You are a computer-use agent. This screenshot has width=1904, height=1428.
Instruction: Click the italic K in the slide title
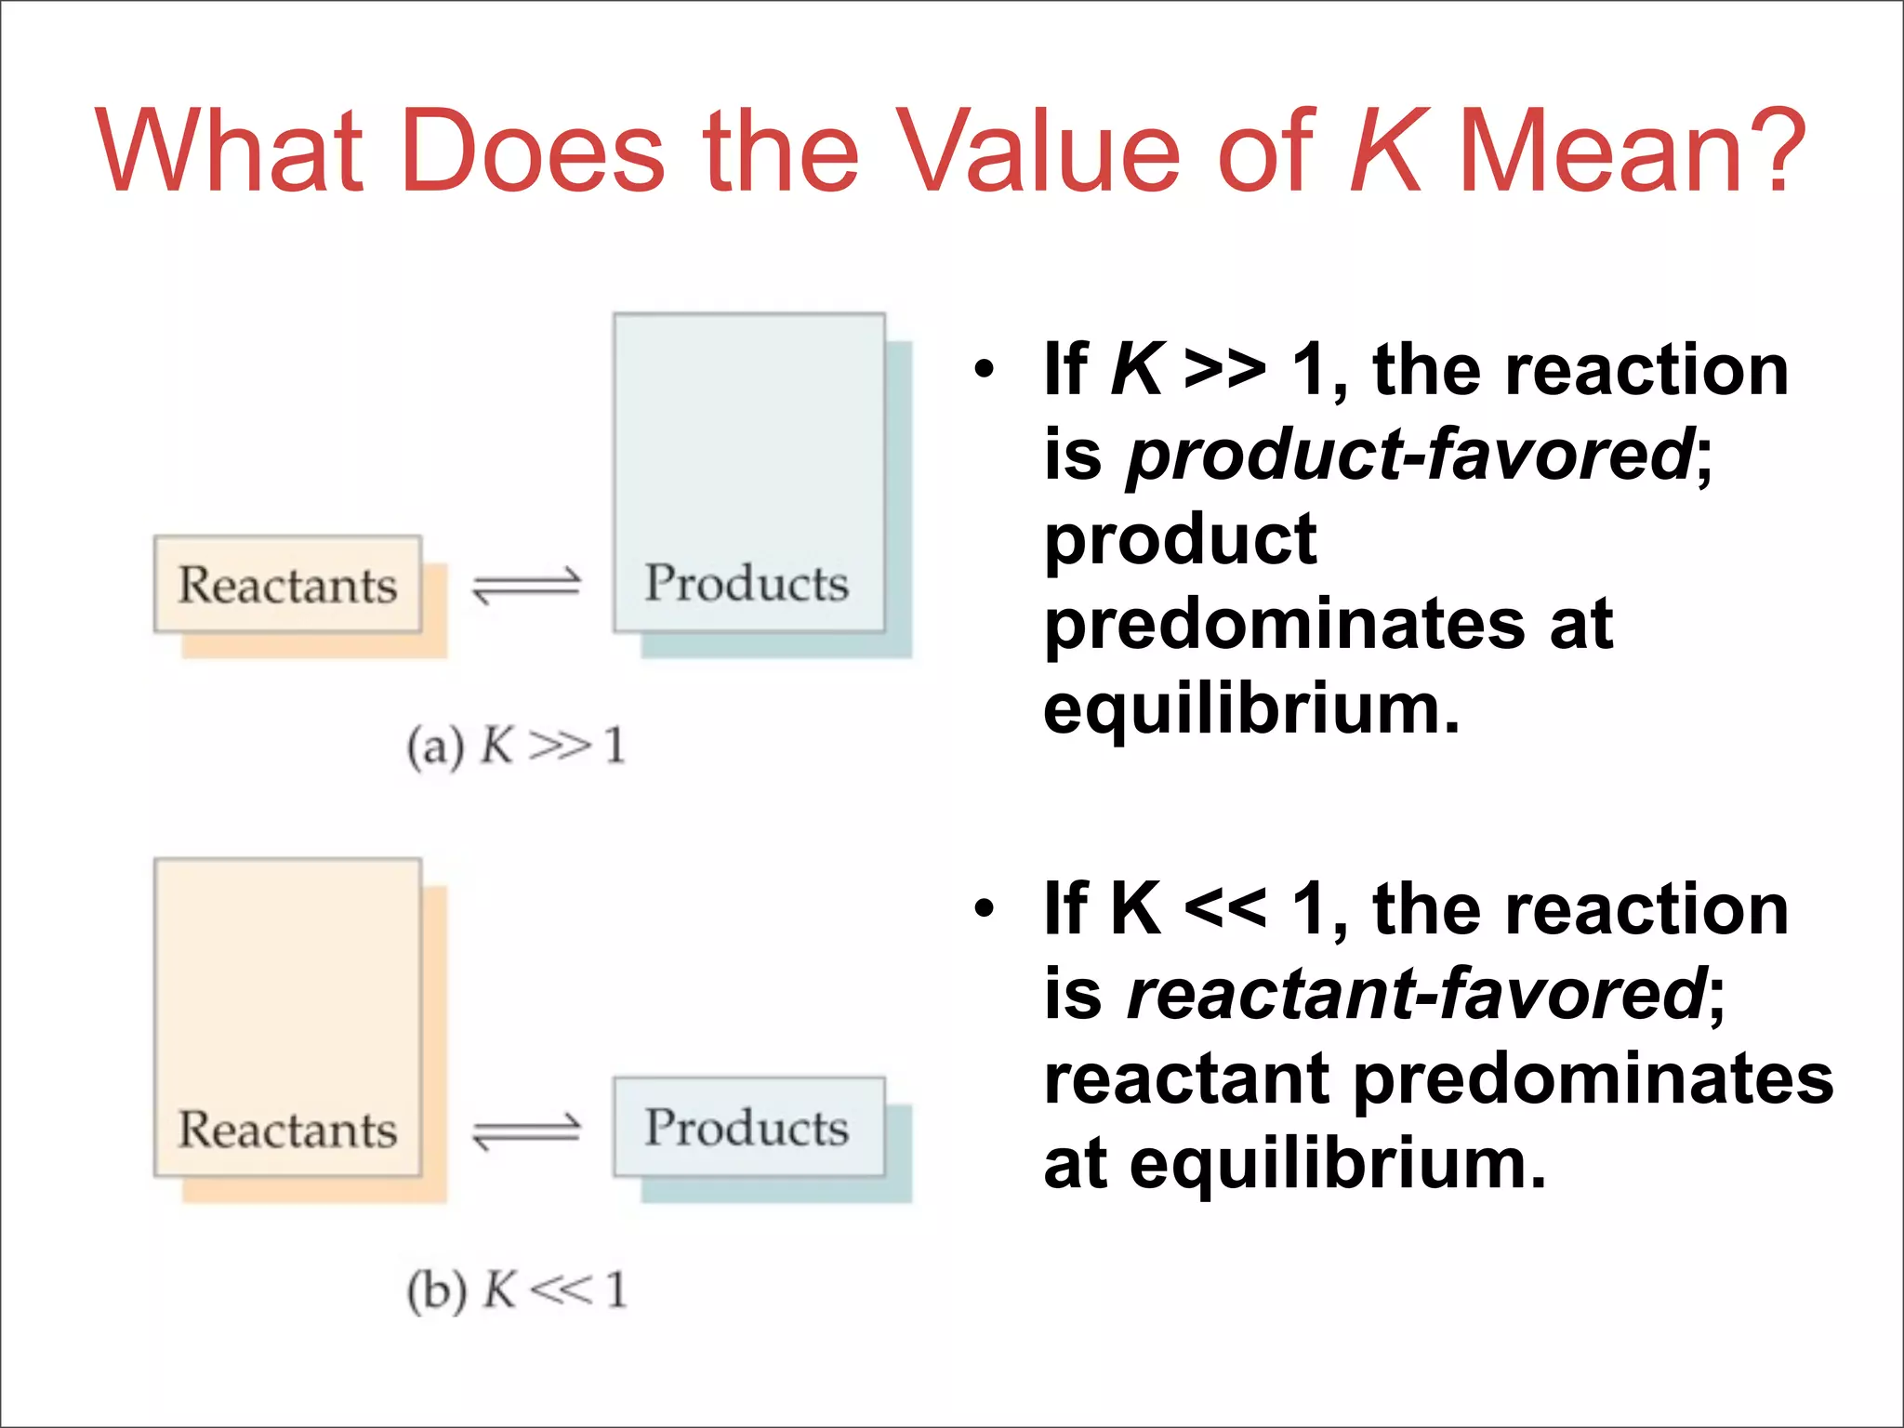[x=1386, y=151]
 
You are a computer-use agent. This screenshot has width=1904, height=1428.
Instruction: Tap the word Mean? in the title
[x=1633, y=151]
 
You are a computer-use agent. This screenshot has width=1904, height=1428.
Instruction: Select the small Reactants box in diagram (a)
[x=287, y=585]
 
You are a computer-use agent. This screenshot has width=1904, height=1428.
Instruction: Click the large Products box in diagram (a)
[x=748, y=472]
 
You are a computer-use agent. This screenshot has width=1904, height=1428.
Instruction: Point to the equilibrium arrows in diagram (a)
[x=526, y=586]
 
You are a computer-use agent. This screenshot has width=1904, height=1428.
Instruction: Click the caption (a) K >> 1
[x=516, y=747]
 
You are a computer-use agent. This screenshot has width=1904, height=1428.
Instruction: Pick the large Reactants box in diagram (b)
[x=287, y=1018]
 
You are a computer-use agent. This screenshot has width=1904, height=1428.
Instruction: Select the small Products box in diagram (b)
[x=748, y=1127]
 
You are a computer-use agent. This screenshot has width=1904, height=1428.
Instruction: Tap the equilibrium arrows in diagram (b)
[x=526, y=1131]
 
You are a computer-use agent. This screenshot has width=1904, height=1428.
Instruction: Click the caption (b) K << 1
[x=517, y=1290]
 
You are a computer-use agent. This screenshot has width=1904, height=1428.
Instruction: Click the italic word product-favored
[x=1409, y=456]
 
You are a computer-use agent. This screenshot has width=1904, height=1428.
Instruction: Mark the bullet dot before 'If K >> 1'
[x=985, y=370]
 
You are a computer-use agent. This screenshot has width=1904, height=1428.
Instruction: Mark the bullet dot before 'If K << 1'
[x=985, y=908]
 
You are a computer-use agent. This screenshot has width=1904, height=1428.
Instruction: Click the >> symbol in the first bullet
[x=1224, y=370]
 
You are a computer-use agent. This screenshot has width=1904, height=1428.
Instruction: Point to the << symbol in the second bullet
[x=1224, y=908]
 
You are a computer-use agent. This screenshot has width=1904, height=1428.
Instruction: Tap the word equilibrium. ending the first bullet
[x=1251, y=710]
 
